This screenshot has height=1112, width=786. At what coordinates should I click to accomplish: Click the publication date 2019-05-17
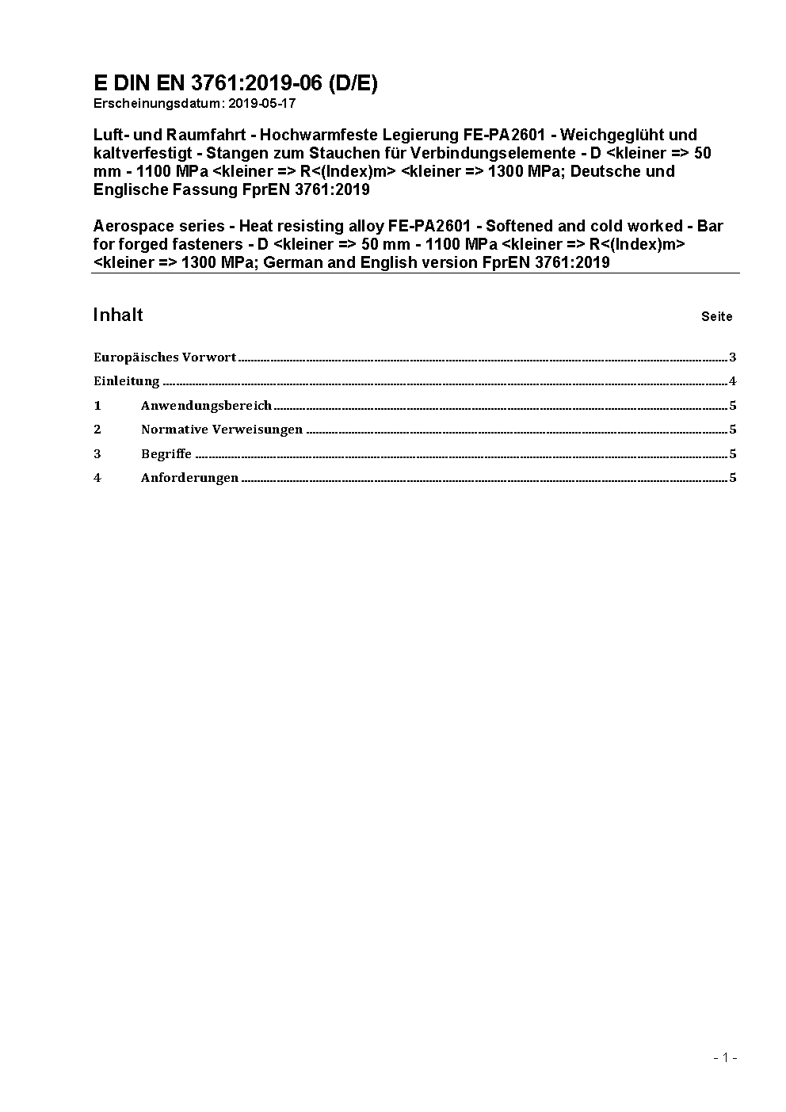261,103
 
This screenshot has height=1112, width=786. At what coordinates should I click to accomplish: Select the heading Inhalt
118,315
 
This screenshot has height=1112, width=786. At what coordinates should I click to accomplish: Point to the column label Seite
716,316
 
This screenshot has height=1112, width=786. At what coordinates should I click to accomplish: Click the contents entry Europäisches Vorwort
165,357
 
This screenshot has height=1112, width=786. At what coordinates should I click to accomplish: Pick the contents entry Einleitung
127,381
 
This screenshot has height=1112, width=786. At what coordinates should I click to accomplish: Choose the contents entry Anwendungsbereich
206,406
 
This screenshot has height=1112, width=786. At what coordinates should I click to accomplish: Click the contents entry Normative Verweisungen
222,430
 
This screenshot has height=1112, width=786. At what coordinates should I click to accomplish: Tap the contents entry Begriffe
166,454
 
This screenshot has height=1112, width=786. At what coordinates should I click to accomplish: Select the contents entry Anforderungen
189,478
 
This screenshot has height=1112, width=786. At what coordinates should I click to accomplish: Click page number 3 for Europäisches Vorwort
733,357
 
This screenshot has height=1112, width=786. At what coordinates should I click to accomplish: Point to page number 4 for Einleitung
733,381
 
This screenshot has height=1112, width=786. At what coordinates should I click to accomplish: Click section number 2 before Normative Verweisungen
97,430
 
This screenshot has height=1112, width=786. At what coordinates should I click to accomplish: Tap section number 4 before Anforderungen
97,478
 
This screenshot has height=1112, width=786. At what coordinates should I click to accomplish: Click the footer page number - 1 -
726,1057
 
